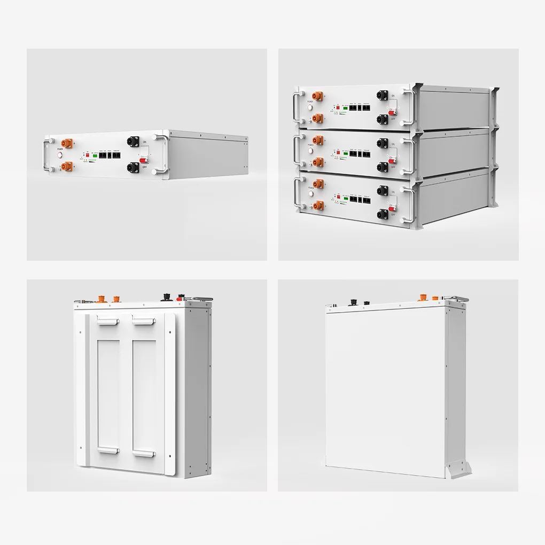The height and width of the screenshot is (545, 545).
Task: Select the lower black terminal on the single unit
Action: coord(133,168)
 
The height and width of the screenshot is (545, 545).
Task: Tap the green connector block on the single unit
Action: coord(95,155)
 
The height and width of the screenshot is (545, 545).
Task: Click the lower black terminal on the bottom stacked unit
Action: coord(382,214)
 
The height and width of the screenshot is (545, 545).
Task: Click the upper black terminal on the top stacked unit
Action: coord(383,96)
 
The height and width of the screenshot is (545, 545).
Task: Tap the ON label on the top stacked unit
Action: coord(393,95)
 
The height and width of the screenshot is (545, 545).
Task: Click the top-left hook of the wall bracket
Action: coord(107,321)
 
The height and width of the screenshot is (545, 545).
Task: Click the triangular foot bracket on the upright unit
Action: coord(459,469)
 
